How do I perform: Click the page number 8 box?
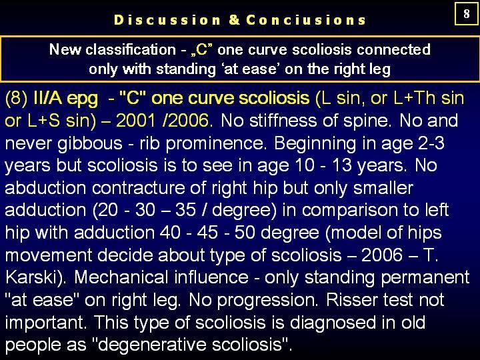pyautogui.click(x=466, y=13)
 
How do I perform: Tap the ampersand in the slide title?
pyautogui.click(x=234, y=20)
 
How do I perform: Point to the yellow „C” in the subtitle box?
pyautogui.click(x=201, y=49)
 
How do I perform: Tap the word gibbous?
pyautogui.click(x=90, y=143)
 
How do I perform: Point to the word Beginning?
pyautogui.click(x=315, y=143)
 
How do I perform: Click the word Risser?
pyautogui.click(x=348, y=300)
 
